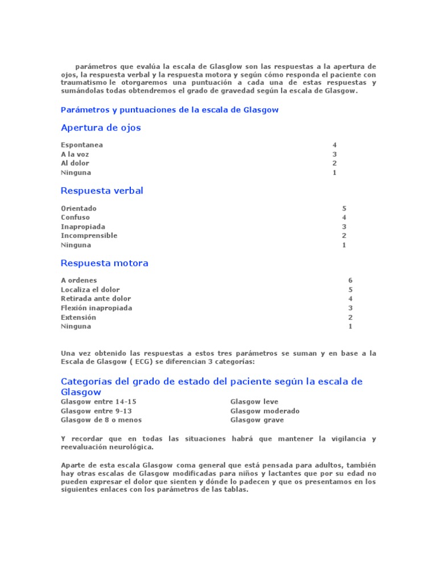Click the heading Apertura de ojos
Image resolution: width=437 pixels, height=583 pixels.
tap(101, 128)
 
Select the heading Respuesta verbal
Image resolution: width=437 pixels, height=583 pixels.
tap(102, 191)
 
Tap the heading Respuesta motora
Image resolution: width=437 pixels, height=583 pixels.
tap(104, 263)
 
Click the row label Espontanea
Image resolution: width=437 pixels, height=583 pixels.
tap(82, 145)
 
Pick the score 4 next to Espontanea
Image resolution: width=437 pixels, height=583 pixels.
tap(335, 145)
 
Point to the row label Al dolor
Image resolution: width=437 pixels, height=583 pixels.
tap(75, 163)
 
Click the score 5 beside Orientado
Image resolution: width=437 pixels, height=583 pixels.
tap(344, 208)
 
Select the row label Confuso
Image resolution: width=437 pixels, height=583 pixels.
tap(75, 217)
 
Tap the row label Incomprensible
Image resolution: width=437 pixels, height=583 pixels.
tap(89, 236)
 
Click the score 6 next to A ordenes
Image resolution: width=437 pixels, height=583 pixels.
tap(351, 280)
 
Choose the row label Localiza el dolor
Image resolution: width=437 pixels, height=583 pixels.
tap(90, 290)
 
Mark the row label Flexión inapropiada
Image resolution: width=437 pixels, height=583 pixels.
tap(96, 308)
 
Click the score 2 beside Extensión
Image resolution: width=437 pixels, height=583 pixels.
tap(351, 317)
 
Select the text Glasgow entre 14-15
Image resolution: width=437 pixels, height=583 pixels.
tap(98, 401)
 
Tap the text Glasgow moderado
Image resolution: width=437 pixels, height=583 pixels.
tap(265, 411)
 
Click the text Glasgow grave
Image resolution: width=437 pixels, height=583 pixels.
tap(257, 420)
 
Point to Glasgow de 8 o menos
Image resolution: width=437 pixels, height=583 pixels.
tap(101, 420)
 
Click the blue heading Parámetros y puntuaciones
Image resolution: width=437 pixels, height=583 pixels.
tap(170, 110)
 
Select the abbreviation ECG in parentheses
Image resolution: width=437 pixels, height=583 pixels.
tap(136, 362)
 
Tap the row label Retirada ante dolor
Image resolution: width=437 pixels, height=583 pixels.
tap(96, 299)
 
